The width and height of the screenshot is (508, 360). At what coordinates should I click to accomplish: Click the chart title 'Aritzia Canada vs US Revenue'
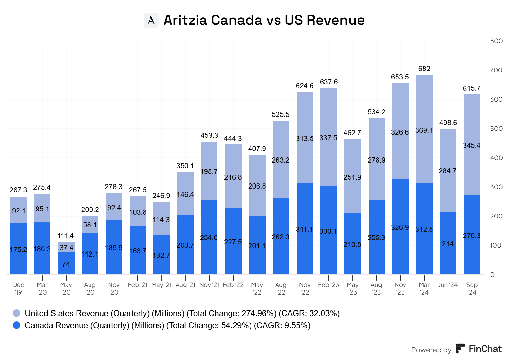click(x=264, y=20)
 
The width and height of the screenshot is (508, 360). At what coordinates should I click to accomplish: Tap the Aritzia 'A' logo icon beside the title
click(x=151, y=20)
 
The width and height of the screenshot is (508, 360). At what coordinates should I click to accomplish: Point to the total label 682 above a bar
click(x=424, y=69)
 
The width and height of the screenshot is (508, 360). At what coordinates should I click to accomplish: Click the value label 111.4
click(x=65, y=236)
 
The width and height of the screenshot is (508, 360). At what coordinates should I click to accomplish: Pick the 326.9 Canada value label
click(x=400, y=228)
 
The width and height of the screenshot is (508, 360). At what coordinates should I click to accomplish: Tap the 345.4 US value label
click(x=471, y=146)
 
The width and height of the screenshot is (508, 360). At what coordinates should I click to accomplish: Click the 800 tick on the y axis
click(x=496, y=41)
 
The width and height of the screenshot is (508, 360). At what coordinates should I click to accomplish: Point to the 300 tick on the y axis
click(x=496, y=187)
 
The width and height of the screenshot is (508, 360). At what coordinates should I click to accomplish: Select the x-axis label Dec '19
click(x=18, y=289)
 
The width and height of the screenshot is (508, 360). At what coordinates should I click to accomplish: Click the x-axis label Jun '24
click(x=448, y=285)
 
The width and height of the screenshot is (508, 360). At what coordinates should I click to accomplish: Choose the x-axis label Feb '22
click(x=233, y=285)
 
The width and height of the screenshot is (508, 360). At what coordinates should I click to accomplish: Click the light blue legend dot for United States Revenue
click(x=17, y=313)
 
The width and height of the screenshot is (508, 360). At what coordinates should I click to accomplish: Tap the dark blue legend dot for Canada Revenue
click(x=17, y=325)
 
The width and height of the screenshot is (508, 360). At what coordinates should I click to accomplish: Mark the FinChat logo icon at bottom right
click(x=460, y=349)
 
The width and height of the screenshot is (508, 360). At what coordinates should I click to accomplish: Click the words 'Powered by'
click(x=431, y=350)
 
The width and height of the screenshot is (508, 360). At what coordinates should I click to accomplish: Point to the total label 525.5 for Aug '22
click(x=281, y=114)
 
